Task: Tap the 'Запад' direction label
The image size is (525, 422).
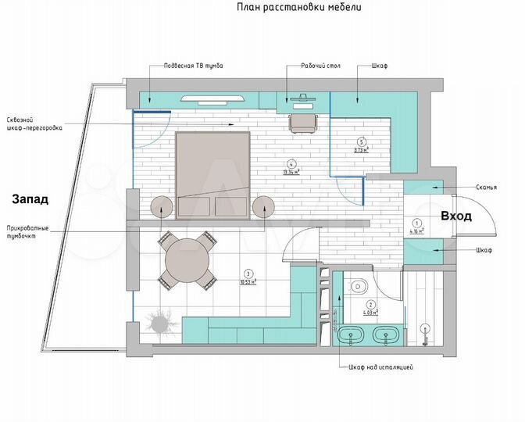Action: pos(30,198)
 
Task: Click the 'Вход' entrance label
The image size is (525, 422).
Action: pos(455,216)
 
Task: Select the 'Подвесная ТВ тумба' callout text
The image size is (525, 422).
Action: pos(192,66)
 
